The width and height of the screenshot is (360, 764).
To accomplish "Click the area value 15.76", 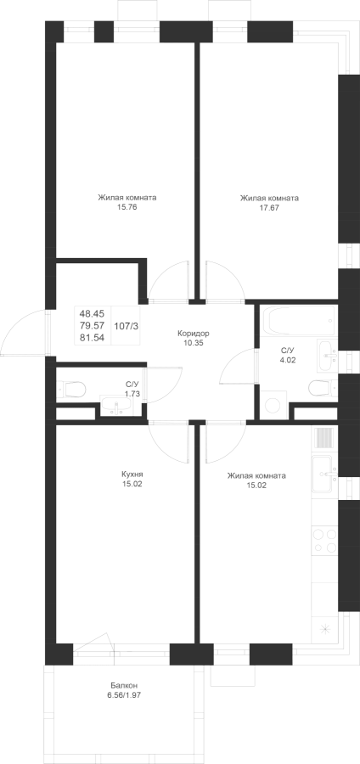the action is point(127,207).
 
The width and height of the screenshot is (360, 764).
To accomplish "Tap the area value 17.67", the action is point(269,207).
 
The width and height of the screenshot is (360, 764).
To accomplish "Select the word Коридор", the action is point(194,334).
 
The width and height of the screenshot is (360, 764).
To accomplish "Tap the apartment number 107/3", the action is point(127,326).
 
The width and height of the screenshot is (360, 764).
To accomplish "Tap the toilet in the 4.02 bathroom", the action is point(323,388).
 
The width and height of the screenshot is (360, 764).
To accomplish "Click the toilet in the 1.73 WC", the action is point(71,390).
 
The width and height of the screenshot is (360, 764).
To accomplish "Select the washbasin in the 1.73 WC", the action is point(115,406).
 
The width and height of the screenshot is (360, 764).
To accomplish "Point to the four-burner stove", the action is point(324,541).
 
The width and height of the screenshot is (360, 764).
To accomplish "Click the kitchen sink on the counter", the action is point(324,473).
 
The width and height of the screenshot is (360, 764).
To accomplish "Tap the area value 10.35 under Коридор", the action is point(194,343).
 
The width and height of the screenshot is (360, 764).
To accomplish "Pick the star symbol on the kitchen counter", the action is point(324,629).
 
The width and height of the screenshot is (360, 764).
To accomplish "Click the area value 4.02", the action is point(288,361).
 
